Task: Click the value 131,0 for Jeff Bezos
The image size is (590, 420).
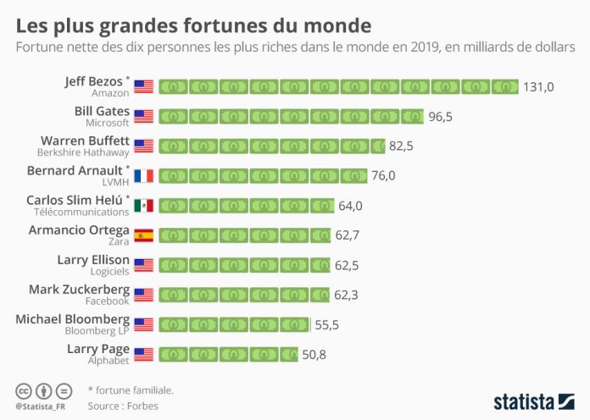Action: click(538, 86)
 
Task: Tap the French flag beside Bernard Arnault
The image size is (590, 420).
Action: click(143, 176)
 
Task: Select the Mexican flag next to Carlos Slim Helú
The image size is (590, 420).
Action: click(143, 206)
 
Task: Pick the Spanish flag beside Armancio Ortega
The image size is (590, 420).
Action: click(143, 235)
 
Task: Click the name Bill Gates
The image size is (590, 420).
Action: click(103, 111)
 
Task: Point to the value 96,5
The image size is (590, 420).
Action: click(441, 116)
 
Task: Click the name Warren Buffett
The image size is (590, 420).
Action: click(86, 141)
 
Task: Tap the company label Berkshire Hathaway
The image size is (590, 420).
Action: click(83, 152)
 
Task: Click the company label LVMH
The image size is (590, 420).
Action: click(114, 182)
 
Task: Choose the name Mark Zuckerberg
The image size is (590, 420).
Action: click(79, 289)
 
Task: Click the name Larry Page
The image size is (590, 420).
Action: click(97, 348)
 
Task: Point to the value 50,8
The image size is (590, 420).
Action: click(314, 354)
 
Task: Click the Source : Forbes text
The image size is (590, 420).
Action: click(123, 406)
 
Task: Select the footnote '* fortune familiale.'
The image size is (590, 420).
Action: click(131, 390)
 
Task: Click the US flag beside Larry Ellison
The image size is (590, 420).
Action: click(143, 265)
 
